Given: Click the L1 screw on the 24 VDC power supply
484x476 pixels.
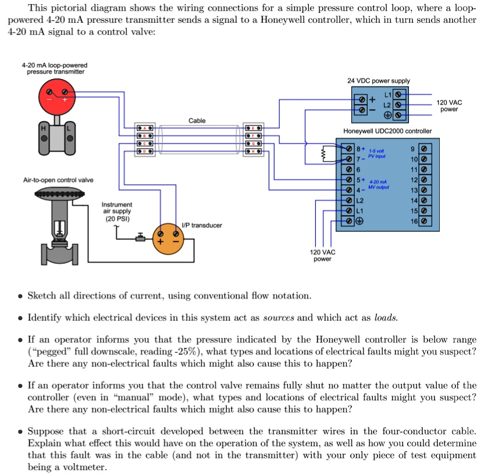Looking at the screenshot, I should coord(398,94).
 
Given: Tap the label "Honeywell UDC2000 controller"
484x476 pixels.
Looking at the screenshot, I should coord(387,131).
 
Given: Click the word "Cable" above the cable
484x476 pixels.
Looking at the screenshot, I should coord(197,120).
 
